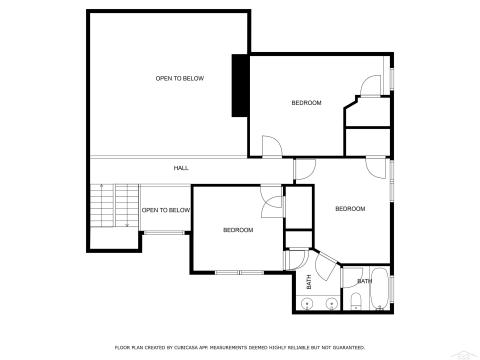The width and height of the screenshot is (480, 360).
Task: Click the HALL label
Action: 181,168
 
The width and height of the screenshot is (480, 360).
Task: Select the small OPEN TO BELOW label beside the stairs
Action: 166,210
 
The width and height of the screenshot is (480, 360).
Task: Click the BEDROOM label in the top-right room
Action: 306,103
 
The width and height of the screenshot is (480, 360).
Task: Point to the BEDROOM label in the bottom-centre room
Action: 238,230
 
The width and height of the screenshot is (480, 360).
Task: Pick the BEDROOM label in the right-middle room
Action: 350,209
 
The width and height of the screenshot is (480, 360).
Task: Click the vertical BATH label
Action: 309,282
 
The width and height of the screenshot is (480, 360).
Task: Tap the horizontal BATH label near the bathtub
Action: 365,281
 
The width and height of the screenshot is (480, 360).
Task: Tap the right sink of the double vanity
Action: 327,306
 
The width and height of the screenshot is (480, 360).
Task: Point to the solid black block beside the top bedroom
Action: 240,86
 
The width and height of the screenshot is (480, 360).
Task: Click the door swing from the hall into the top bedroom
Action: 271,147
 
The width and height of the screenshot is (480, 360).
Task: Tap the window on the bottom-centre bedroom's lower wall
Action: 241,272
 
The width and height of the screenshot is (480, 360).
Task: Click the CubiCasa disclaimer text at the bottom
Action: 239,346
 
